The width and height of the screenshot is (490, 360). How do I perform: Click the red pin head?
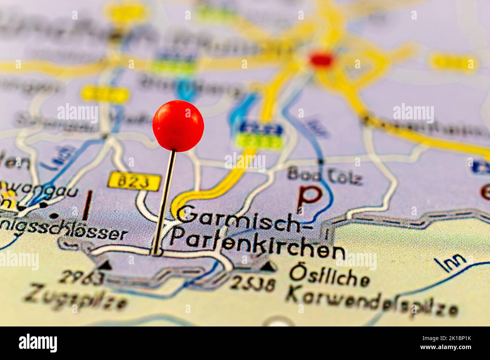point(178,125)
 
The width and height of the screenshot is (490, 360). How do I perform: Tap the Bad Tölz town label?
point(325,176)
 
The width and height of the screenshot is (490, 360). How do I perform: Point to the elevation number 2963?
point(81,278)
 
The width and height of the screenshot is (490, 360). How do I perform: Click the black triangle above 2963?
point(107,265)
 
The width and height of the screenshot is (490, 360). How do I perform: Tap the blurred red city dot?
point(321,59)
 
